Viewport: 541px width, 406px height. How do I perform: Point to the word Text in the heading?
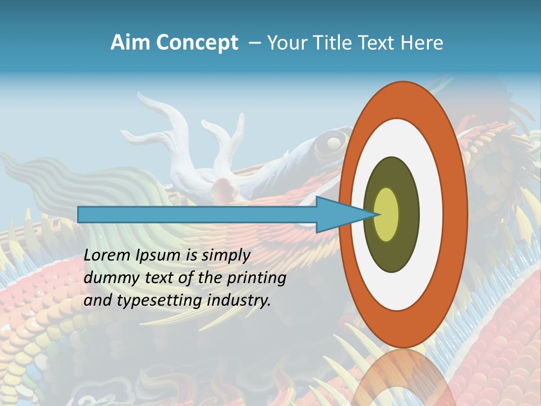click(378, 43)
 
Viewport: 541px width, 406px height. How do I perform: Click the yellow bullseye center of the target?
click(386, 214)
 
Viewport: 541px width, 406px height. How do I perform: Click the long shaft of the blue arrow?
click(197, 214)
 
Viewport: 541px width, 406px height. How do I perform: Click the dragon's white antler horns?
click(169, 121)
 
